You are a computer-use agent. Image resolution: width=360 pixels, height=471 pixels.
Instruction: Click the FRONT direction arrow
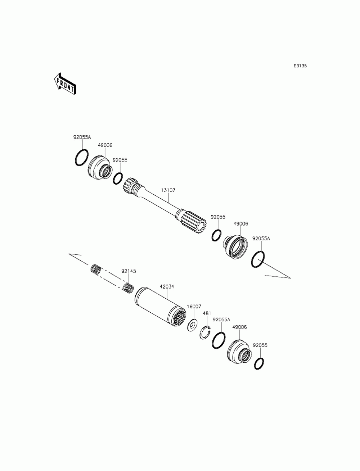click(x=65, y=84)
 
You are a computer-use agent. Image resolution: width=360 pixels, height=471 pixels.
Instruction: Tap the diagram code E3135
click(x=300, y=66)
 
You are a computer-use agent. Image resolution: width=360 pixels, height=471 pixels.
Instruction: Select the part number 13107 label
click(x=168, y=190)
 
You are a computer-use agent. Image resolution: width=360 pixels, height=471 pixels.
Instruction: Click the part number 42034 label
click(x=167, y=286)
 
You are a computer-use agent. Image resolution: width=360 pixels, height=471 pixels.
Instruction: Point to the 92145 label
click(x=129, y=271)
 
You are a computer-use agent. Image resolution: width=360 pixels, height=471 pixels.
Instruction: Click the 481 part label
click(x=207, y=313)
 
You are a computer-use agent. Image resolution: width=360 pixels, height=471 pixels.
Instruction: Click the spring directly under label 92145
click(x=129, y=288)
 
